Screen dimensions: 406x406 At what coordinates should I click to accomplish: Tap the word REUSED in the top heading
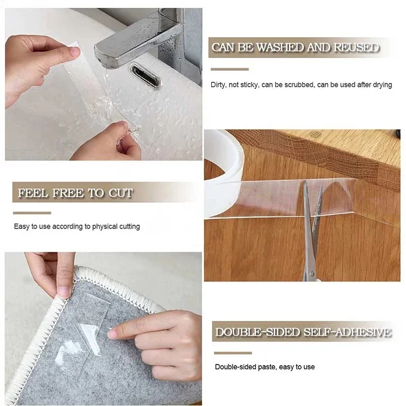(x=356, y=47)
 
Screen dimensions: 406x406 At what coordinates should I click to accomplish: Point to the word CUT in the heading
(x=121, y=193)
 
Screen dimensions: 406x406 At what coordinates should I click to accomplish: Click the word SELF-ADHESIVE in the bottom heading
(x=347, y=332)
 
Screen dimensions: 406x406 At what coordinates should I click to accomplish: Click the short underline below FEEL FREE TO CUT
(x=32, y=213)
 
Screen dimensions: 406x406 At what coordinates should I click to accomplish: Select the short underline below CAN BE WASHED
(x=230, y=69)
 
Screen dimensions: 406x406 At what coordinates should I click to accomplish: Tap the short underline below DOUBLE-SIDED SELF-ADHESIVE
(x=233, y=353)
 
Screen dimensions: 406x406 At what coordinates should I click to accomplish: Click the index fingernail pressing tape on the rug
(x=113, y=334)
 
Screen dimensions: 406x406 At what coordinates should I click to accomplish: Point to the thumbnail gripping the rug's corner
(x=64, y=292)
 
